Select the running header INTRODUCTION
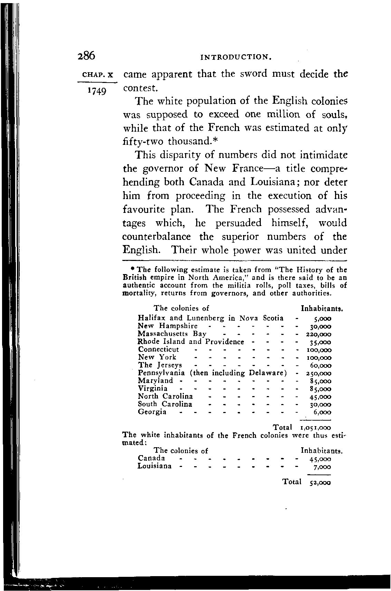235,57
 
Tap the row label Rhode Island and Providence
191,342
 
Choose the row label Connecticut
159,350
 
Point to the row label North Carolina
165,396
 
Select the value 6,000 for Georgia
322,412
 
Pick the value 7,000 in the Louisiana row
322,467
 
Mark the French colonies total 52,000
321,483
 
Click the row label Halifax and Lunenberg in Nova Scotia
210,318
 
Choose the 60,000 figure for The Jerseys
321,366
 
